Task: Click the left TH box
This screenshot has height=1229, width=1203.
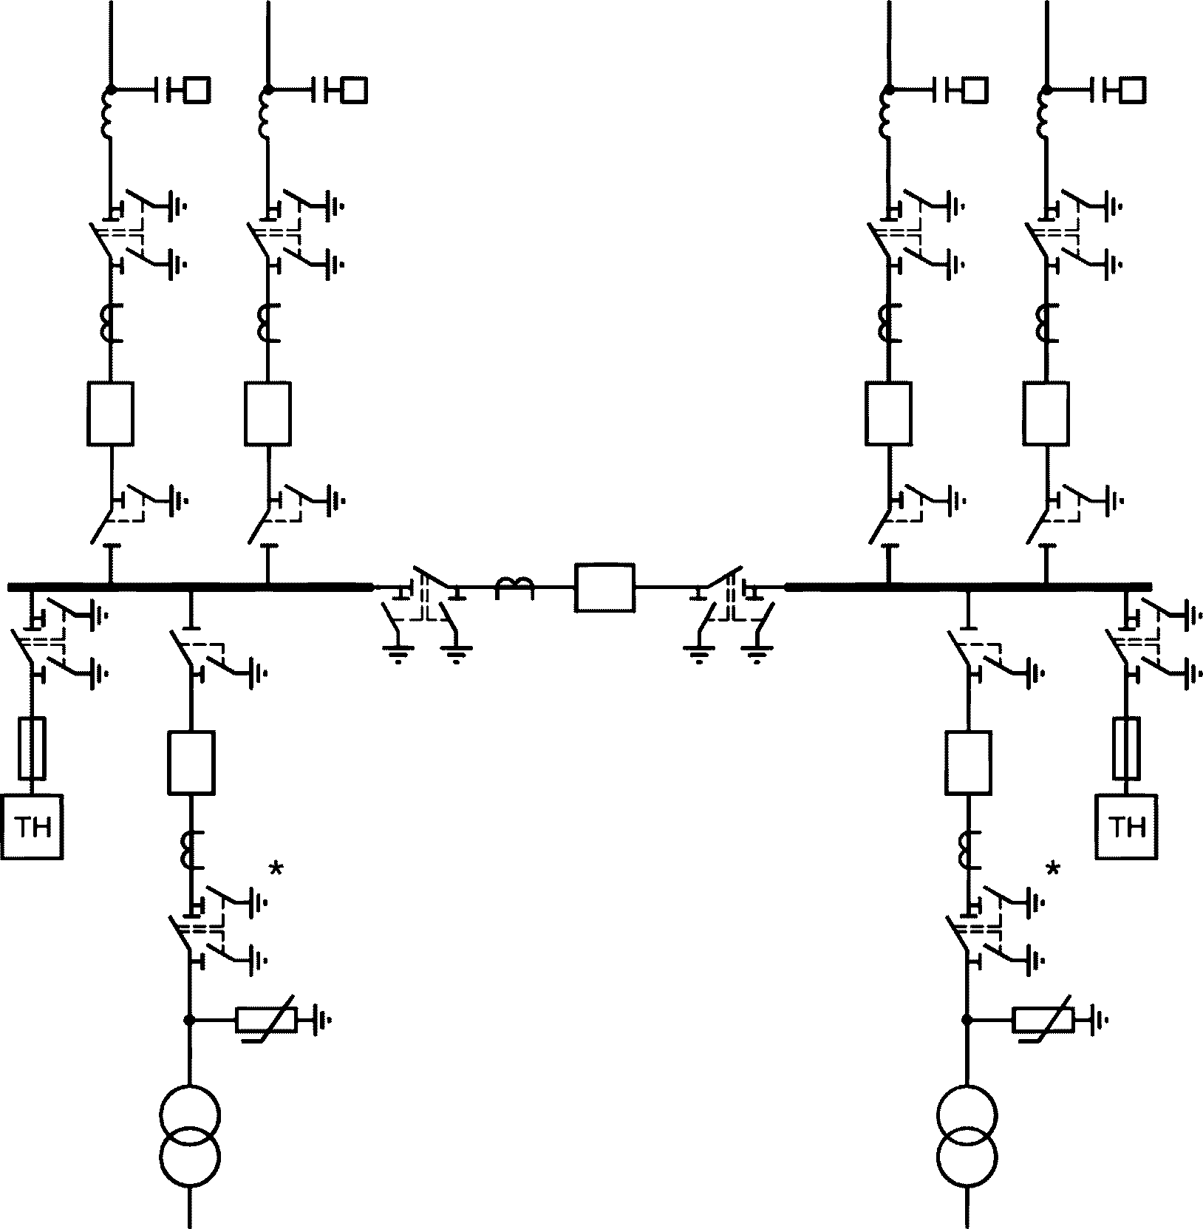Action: point(32,826)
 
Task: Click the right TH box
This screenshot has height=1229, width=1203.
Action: point(1127,826)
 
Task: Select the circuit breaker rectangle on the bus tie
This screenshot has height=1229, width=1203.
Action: point(604,587)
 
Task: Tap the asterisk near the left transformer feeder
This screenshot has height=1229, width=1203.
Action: point(276,869)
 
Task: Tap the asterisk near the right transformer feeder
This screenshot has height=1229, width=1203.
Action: point(1053,869)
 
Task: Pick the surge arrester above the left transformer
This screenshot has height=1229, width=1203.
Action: point(266,1020)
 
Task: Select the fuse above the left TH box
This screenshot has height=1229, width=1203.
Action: point(32,747)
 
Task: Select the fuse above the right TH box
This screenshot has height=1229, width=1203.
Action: point(1127,747)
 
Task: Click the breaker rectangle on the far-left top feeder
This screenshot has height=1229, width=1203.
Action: point(110,413)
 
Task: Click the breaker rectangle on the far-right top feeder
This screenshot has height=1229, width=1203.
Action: point(1046,413)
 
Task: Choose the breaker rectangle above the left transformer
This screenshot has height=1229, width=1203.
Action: point(191,762)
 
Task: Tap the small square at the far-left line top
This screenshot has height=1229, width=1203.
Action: point(197,90)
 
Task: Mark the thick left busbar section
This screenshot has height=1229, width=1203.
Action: point(190,587)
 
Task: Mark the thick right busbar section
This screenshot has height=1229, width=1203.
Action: point(968,587)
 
